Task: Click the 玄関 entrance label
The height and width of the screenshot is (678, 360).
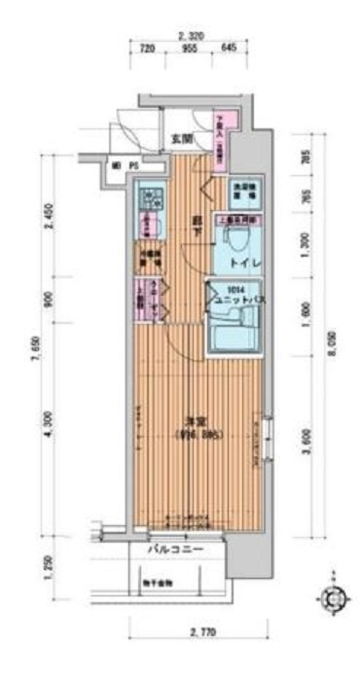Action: pos(182,139)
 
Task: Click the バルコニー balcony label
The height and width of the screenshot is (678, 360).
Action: pos(175,551)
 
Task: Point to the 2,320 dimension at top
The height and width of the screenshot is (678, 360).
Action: pos(192,36)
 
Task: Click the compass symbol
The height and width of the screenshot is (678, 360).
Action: pos(334,597)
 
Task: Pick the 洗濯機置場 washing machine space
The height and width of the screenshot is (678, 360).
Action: pos(241,191)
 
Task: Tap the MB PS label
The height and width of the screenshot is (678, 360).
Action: pos(124,165)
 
